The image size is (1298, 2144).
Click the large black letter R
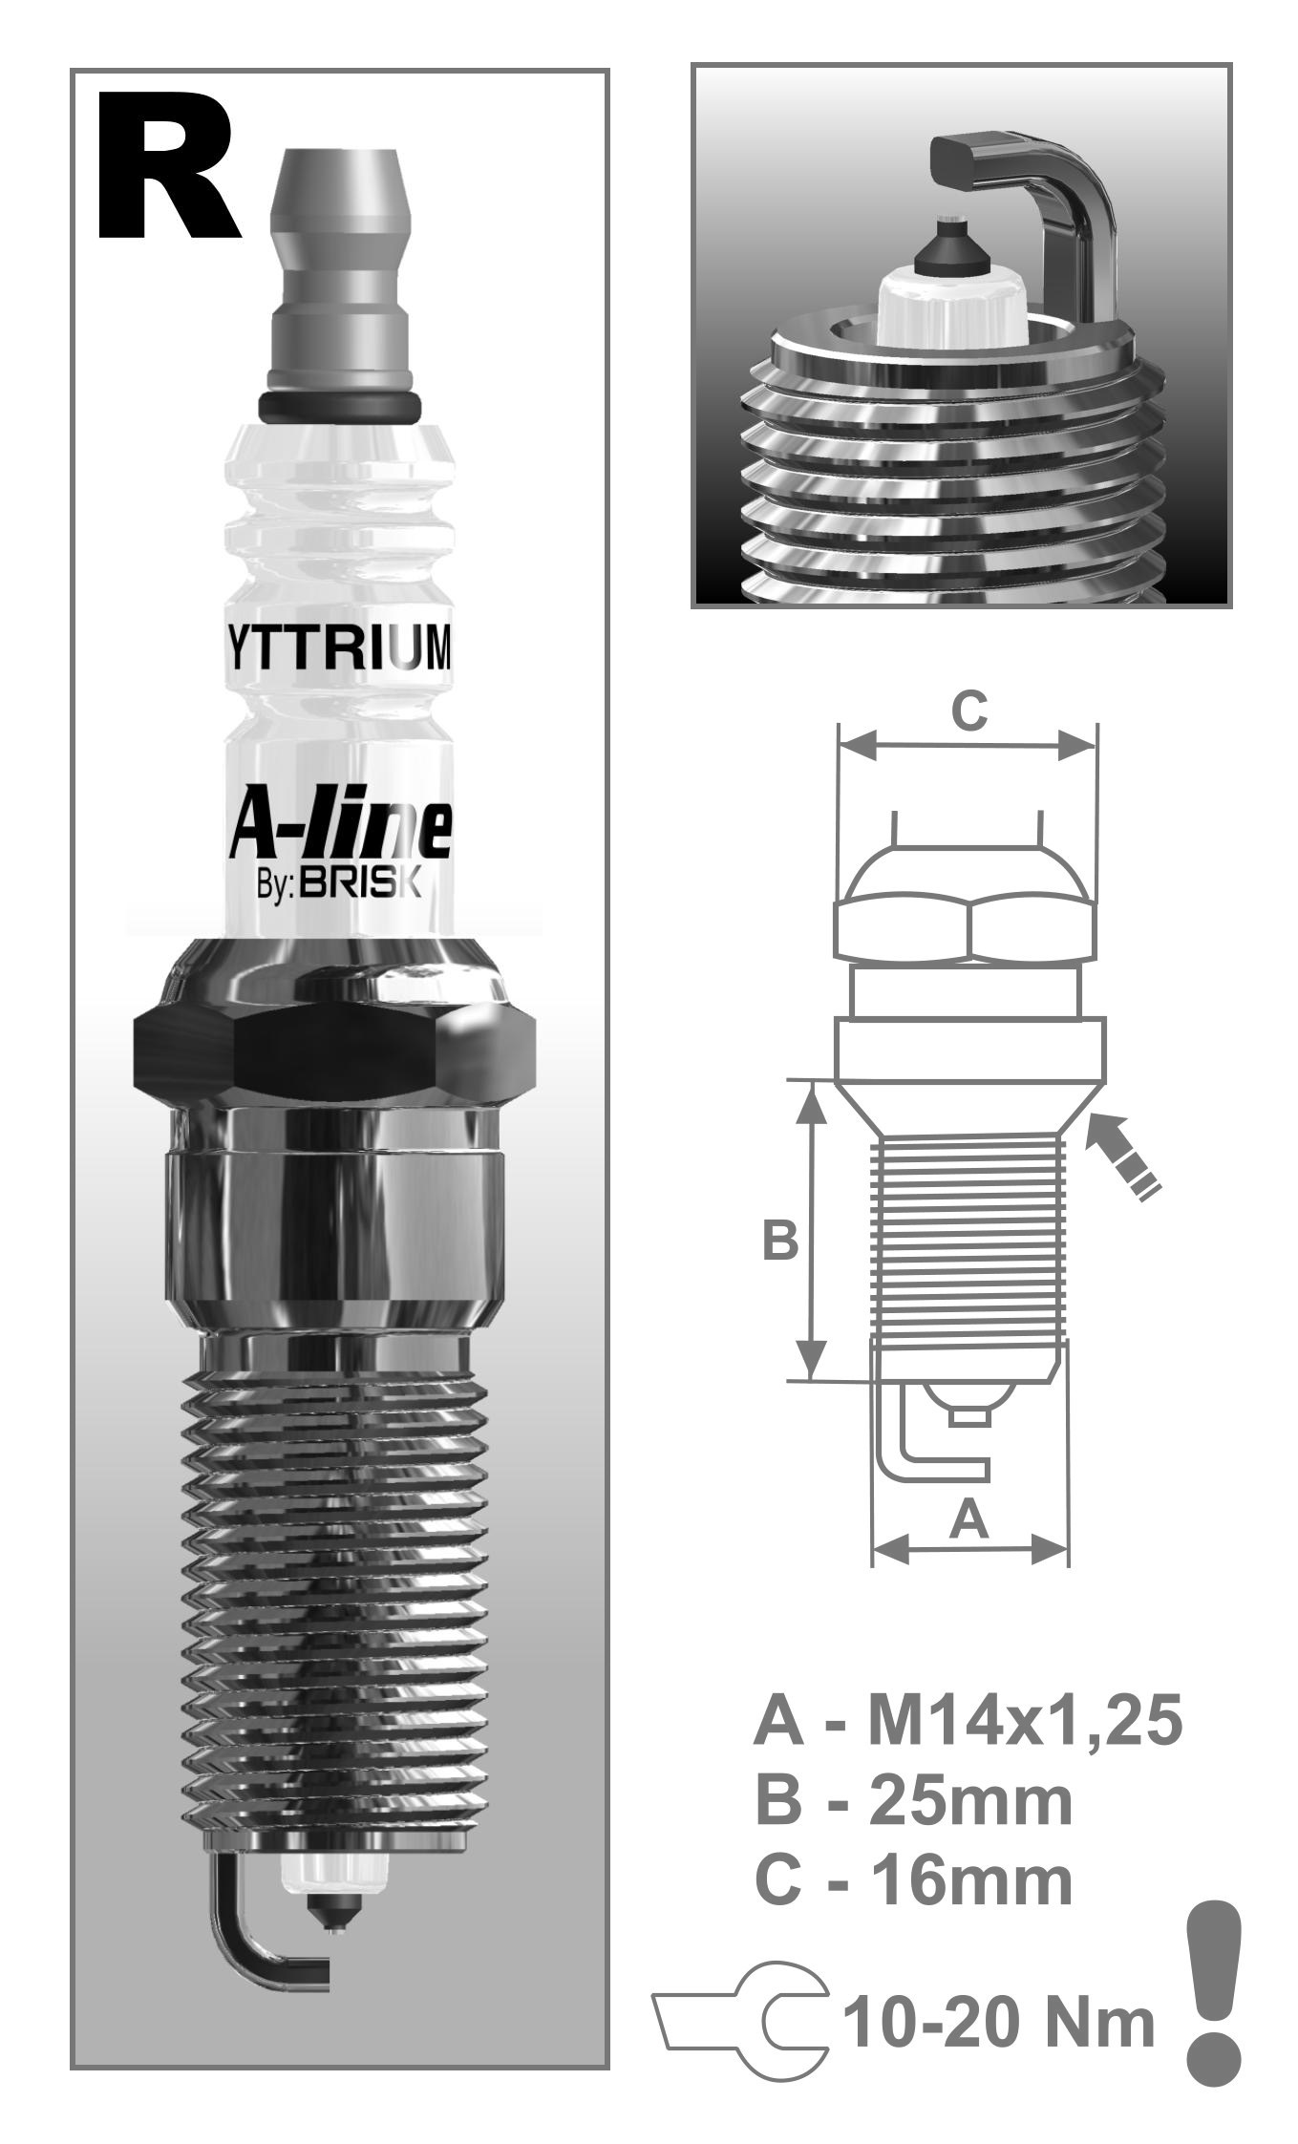tap(167, 167)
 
